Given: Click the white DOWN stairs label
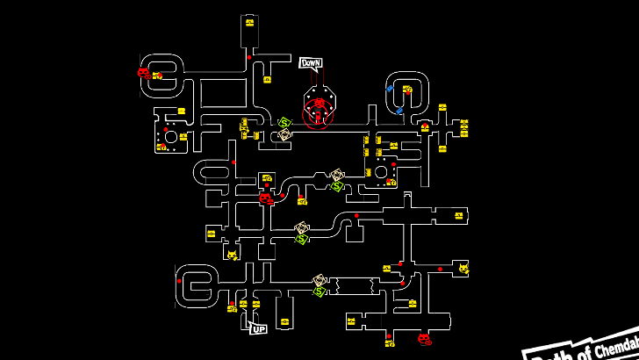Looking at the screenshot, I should click(x=311, y=63).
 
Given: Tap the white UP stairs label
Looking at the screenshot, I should click(x=258, y=328).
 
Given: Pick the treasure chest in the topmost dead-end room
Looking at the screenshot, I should click(x=250, y=23).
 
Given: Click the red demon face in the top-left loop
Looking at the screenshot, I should click(x=144, y=73).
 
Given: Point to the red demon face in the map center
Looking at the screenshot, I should click(x=265, y=198).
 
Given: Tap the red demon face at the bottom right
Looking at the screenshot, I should click(x=424, y=339).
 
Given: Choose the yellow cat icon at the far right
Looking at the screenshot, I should click(x=463, y=268).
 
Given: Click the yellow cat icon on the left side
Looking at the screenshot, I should click(x=232, y=255).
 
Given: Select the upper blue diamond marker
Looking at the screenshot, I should click(x=390, y=89).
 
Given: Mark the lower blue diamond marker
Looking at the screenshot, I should click(x=399, y=111).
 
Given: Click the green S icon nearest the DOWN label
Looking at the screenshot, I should click(x=284, y=122).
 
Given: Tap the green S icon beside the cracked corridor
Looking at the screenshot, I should click(x=319, y=291).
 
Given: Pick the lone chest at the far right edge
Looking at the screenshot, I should click(x=458, y=215).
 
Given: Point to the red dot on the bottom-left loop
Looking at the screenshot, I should click(x=178, y=281).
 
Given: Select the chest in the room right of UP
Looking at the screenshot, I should click(x=284, y=322).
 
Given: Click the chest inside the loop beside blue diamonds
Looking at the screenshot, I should click(x=407, y=89).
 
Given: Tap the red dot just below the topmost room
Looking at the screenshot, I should click(x=249, y=58).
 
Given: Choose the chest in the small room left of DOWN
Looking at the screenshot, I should click(x=267, y=80).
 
